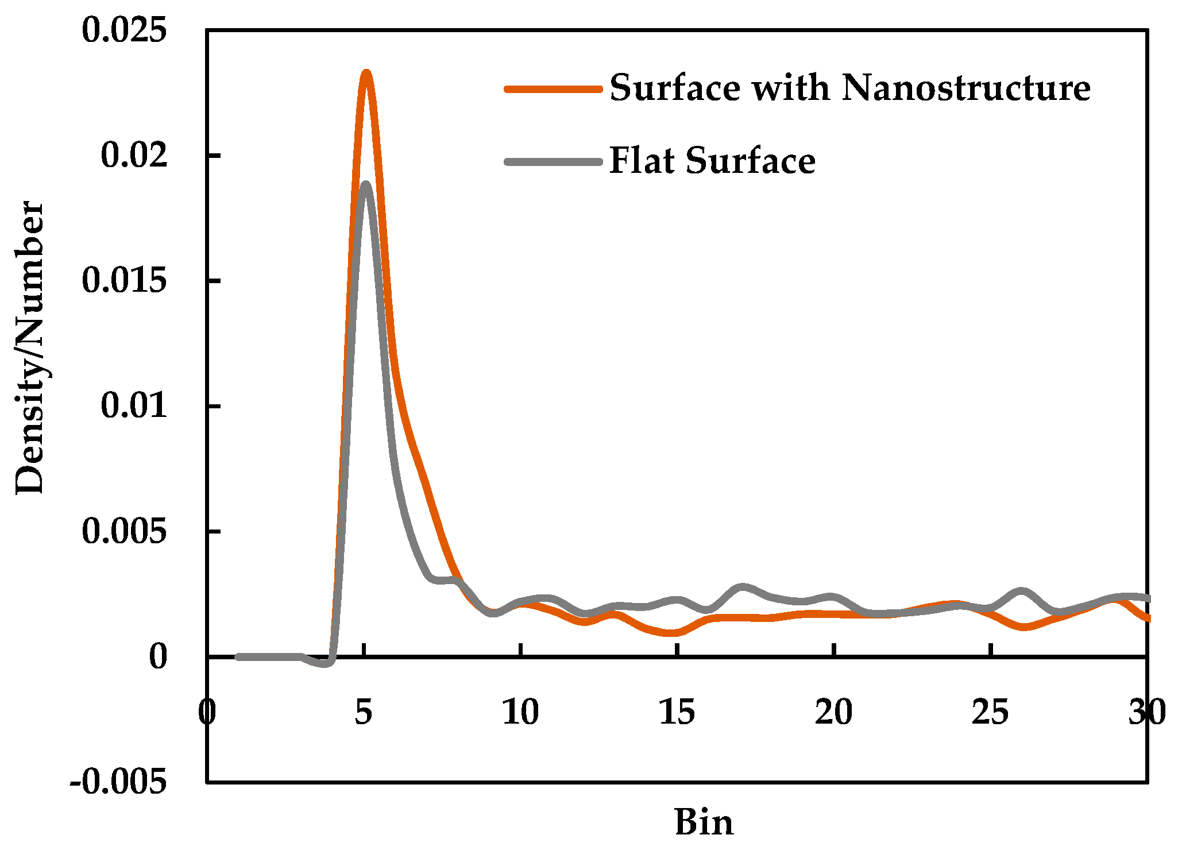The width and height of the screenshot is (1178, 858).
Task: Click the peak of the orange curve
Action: [x=366, y=74]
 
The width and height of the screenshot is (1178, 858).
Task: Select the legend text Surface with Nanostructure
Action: [x=849, y=88]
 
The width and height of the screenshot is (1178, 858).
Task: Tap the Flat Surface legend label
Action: [x=712, y=160]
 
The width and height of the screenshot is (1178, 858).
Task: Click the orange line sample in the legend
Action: [x=553, y=89]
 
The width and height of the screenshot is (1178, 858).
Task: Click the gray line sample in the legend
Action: [x=553, y=161]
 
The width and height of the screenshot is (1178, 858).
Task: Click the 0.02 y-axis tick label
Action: [x=134, y=155]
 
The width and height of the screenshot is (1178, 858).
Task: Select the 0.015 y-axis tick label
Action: [x=124, y=280]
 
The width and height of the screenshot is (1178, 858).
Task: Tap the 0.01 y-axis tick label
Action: [x=134, y=405]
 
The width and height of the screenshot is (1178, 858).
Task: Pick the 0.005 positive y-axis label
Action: [x=124, y=531]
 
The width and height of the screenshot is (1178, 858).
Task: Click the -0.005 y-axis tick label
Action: [x=118, y=782]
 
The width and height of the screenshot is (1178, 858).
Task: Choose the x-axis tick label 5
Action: [x=364, y=713]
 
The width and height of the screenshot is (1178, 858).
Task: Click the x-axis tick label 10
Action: [x=520, y=713]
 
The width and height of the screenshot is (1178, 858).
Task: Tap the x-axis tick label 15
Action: [x=677, y=713]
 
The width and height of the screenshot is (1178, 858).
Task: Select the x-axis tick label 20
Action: [x=833, y=713]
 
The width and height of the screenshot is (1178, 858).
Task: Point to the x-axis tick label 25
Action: [x=990, y=713]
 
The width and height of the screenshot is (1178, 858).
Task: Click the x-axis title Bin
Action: [x=704, y=822]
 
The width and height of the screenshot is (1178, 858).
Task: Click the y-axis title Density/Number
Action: [x=30, y=347]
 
